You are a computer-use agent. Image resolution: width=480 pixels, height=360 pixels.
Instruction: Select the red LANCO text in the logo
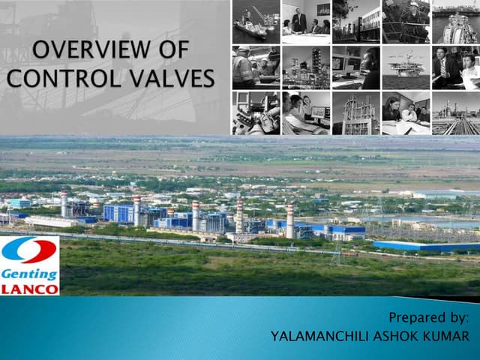(x=29, y=288)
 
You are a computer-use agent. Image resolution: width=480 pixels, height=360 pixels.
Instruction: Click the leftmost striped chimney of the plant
(x=64, y=205)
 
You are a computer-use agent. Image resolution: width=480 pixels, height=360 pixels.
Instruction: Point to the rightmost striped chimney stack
(x=290, y=220)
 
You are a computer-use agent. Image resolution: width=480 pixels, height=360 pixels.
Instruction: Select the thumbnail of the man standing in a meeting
(x=305, y=22)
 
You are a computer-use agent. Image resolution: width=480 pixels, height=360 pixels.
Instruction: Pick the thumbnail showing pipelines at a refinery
(x=456, y=113)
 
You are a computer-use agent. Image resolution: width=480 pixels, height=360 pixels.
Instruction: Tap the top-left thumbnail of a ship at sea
(x=256, y=22)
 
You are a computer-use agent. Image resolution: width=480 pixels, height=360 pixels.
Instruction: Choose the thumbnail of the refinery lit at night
(x=305, y=67)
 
